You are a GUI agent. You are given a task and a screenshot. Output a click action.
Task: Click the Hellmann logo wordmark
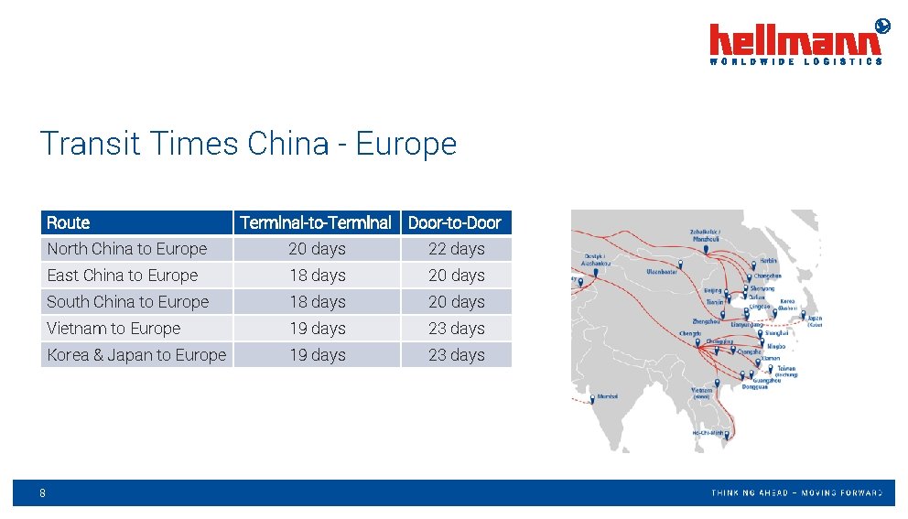[x=795, y=41]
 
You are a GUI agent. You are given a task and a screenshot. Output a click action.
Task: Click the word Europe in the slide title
[x=405, y=144]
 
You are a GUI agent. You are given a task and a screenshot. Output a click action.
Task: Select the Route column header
[x=69, y=222]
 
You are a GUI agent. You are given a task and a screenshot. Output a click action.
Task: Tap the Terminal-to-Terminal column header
[x=316, y=222]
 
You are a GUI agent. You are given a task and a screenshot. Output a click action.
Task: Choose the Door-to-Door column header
[x=455, y=222]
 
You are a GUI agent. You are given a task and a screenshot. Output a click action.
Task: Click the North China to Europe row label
[x=127, y=249]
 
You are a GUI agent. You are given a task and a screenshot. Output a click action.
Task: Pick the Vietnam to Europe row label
[x=113, y=329]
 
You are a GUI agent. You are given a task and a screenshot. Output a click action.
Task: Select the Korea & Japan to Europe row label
[x=136, y=355]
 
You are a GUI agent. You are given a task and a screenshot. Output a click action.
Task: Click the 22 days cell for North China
[x=456, y=249]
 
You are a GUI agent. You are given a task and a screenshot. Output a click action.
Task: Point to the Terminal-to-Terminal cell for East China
[x=317, y=276]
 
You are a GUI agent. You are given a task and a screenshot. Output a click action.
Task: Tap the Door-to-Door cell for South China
[x=456, y=302]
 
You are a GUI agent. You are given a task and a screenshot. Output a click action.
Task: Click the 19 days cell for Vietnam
[x=317, y=329]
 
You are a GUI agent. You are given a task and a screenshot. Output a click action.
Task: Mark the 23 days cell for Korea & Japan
[x=456, y=355]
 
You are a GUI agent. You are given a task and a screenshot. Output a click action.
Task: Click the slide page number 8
[x=43, y=493]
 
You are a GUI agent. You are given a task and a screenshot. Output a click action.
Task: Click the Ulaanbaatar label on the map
[x=662, y=272]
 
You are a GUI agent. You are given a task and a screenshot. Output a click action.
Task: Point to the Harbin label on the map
[x=768, y=261]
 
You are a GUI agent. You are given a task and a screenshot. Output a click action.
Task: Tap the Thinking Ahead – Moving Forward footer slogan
[x=796, y=493]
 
